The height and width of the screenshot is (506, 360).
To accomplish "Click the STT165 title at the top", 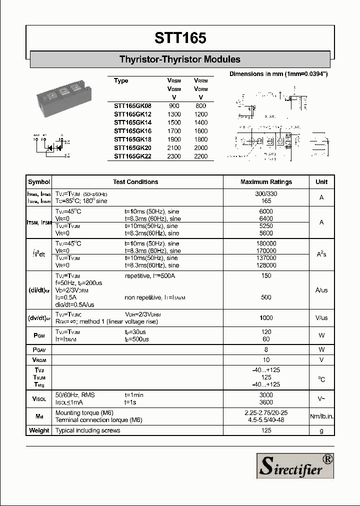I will (x=180, y=38).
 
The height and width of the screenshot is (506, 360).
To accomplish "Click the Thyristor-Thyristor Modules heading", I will (x=180, y=59).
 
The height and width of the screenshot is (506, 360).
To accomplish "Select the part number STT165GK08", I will (x=132, y=106).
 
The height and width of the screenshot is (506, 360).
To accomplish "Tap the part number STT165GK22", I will (x=132, y=156).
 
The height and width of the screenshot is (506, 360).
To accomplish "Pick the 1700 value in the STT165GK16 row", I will (x=174, y=131).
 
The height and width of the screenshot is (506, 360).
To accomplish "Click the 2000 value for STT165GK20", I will (x=201, y=147).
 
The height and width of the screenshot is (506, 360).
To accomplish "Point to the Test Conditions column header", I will (x=135, y=182).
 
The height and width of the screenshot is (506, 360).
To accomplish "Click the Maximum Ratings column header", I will (x=266, y=182).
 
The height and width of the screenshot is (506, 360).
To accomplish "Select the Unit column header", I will (x=321, y=182).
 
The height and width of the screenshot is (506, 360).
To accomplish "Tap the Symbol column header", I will (x=39, y=182).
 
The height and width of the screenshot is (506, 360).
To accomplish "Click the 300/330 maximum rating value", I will (x=266, y=194).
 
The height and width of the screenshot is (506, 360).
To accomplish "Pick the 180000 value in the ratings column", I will (x=266, y=243).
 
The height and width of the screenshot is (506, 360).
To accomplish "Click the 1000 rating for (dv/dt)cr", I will (x=266, y=318).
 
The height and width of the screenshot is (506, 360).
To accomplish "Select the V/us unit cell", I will (x=321, y=318).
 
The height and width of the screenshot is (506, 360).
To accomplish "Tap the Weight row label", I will (x=39, y=430).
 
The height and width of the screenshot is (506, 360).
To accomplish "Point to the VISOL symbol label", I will (x=39, y=398).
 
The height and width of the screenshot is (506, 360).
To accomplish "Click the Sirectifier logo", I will (x=294, y=466).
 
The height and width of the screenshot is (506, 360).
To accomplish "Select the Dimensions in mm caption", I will (x=278, y=74).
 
